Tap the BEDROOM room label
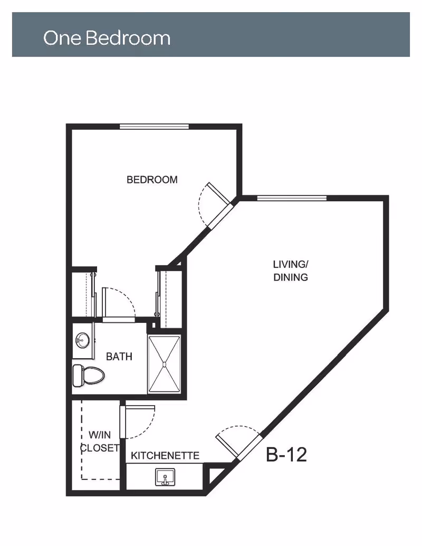pyautogui.click(x=152, y=180)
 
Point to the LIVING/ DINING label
pyautogui.click(x=290, y=271)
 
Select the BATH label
pyautogui.click(x=119, y=357)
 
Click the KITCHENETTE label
pyautogui.click(x=165, y=455)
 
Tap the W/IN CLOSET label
pyautogui.click(x=100, y=441)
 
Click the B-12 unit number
pyautogui.click(x=286, y=454)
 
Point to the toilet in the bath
pyautogui.click(x=89, y=376)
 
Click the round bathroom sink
pyautogui.click(x=82, y=340)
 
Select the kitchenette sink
pyautogui.click(x=165, y=477)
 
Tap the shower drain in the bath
pyautogui.click(x=165, y=364)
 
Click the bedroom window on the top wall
pyautogui.click(x=154, y=127)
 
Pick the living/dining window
pyautogui.click(x=292, y=198)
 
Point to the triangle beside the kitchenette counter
pyautogui.click(x=215, y=476)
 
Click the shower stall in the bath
pyautogui.click(x=165, y=364)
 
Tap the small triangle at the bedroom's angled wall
pyautogui.click(x=178, y=263)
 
